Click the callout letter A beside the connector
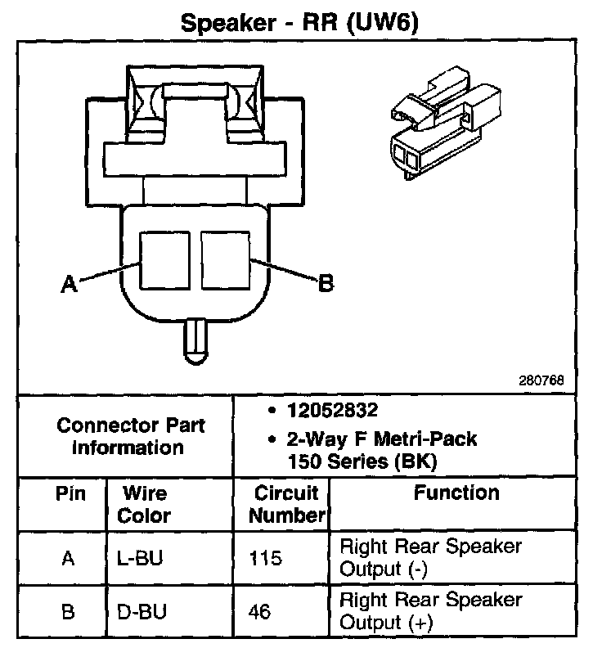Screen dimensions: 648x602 tap(69, 284)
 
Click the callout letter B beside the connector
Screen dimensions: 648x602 tap(325, 283)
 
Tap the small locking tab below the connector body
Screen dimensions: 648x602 tap(195, 339)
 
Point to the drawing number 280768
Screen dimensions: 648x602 tap(541, 380)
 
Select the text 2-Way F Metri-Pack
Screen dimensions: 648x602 tap(380, 439)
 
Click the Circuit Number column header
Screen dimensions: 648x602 tap(285, 504)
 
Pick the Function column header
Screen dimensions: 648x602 tap(456, 493)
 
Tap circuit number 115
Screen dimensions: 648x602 tap(266, 558)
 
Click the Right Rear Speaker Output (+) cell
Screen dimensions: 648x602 tap(429, 611)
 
